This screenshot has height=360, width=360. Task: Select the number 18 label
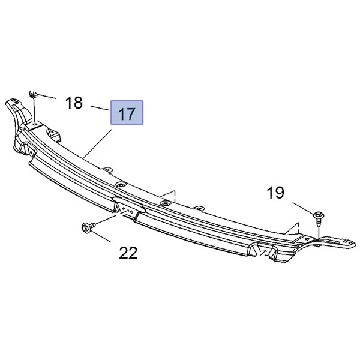pyautogui.click(x=74, y=103)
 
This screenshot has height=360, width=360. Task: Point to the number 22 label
pyautogui.click(x=128, y=253)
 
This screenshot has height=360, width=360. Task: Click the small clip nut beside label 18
pyautogui.click(x=34, y=94)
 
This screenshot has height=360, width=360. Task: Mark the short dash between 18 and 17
pyautogui.click(x=99, y=108)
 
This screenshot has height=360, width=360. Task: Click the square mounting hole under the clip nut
pyautogui.click(x=35, y=124)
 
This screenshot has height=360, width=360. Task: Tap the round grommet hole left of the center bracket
pyautogui.click(x=121, y=185)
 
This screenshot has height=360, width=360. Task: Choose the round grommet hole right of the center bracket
pyautogui.click(x=163, y=204)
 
